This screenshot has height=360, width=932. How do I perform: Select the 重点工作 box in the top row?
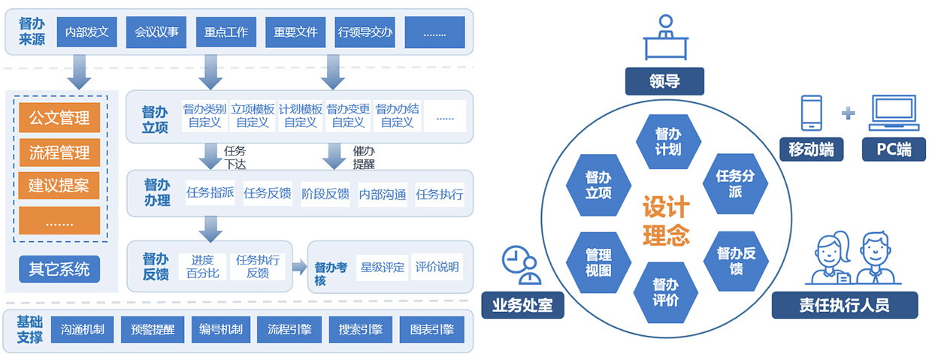(x=226, y=32)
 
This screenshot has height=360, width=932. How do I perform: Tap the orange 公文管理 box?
(x=59, y=118)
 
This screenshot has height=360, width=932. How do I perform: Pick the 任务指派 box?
(x=210, y=194)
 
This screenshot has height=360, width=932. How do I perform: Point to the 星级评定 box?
(x=383, y=267)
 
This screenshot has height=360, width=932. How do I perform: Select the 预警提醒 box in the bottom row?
(x=153, y=329)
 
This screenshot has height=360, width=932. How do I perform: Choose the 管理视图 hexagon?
(x=598, y=262)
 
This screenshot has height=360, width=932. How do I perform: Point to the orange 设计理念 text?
(x=666, y=221)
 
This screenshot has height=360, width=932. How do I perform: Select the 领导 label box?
(x=664, y=81)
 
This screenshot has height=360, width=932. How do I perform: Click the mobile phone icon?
(x=812, y=113)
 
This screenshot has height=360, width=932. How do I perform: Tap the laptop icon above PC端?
(x=892, y=113)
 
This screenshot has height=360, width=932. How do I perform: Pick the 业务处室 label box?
(x=522, y=304)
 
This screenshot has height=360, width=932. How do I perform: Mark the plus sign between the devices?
(x=849, y=113)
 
